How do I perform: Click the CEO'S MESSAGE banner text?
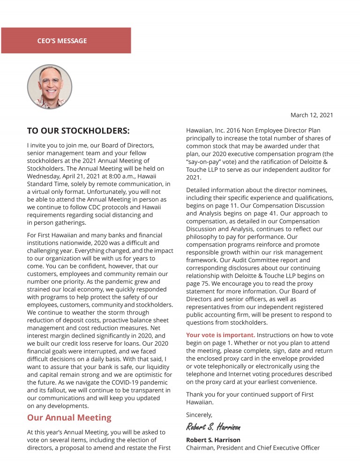tap(62, 41)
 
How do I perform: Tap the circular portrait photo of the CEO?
tap(50, 87)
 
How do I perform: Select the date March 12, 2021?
tap(312, 115)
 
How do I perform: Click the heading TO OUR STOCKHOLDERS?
tap(78, 131)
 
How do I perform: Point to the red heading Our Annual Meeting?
tap(69, 417)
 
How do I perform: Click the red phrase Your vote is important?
tap(220, 335)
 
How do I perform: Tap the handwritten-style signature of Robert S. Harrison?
tap(213, 427)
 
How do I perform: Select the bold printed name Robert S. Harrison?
tap(213, 440)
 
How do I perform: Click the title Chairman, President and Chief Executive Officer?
tap(253, 448)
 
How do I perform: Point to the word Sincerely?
tap(199, 414)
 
